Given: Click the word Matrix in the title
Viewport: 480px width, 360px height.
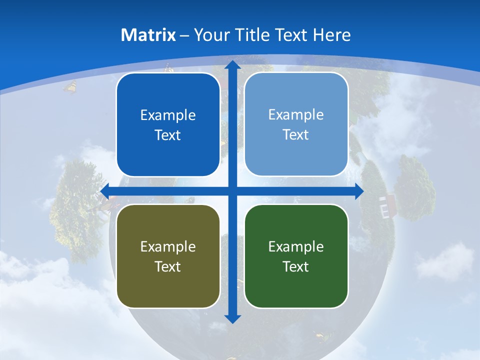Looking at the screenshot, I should [148, 35].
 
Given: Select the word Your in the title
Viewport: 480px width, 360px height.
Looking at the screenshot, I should [209, 35].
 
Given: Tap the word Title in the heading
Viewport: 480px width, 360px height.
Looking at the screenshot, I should [253, 35].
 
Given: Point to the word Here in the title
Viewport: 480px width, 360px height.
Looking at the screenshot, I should [331, 35].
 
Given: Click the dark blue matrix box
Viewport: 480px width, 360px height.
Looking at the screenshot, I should [168, 125].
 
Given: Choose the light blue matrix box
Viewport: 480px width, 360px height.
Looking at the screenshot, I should [296, 124].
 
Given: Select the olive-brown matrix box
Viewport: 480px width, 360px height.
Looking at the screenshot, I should [168, 256].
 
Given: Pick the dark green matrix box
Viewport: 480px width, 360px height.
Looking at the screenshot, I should [296, 256].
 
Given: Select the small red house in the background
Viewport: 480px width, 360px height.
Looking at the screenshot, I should [387, 204].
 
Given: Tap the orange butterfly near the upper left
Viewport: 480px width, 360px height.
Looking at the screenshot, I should [70, 87].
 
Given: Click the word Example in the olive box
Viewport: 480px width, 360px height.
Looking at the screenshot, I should [168, 246].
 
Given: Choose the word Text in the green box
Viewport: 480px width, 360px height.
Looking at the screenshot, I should [296, 266].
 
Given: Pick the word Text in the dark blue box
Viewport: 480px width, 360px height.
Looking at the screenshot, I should [168, 135].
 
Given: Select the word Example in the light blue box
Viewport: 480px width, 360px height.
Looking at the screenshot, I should [296, 114].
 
